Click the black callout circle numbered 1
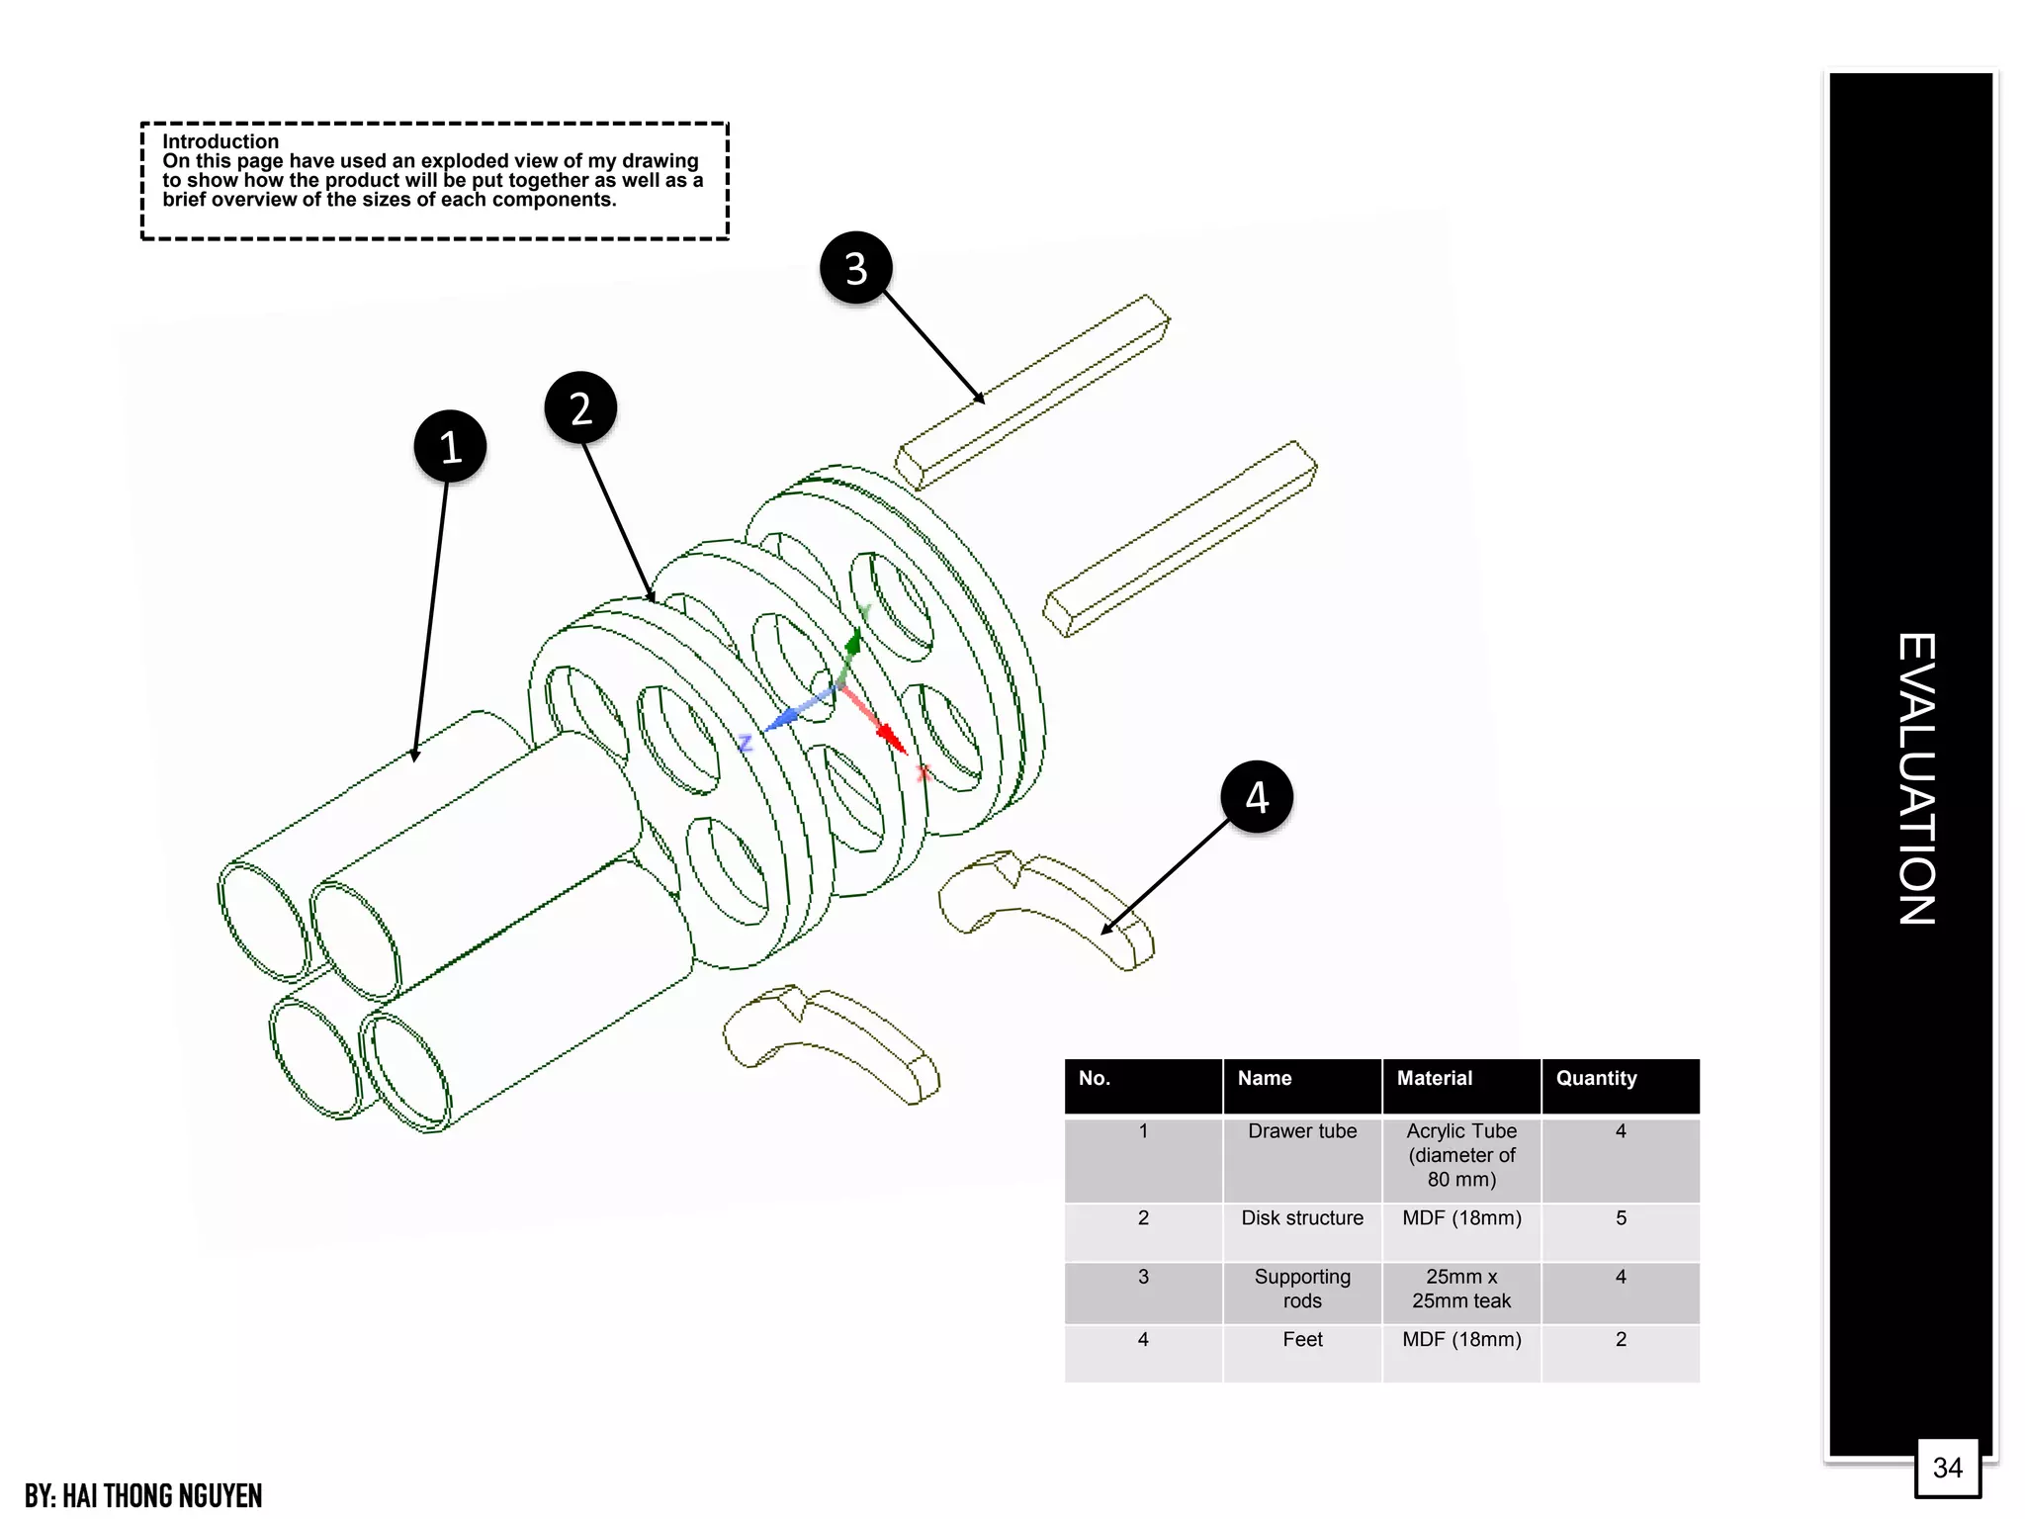tap(450, 446)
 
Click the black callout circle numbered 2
tap(581, 407)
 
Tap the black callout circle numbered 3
tap(856, 268)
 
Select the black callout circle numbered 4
tap(1257, 797)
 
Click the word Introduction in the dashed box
tap(220, 141)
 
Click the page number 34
tap(1947, 1468)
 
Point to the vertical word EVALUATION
tap(1915, 778)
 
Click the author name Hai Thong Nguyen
tap(143, 1495)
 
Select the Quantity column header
tap(1596, 1078)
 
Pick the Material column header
tap(1434, 1078)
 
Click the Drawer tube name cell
tap(1302, 1131)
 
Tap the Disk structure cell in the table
tap(1302, 1218)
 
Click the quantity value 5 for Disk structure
tap(1621, 1218)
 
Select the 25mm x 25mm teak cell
tap(1461, 1289)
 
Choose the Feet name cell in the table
tap(1302, 1340)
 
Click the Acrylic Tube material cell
tap(1461, 1154)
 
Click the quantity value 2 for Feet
tap(1621, 1340)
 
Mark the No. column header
tap(1094, 1078)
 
